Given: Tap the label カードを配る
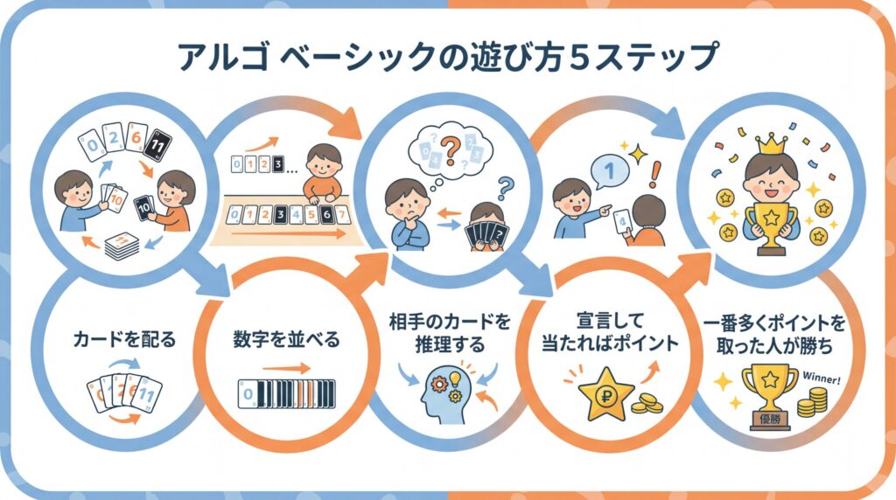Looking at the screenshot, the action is [125, 340].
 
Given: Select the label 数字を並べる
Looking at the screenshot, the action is [286, 340].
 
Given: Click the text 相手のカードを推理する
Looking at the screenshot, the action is [450, 333].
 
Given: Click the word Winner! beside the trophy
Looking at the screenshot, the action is [822, 378].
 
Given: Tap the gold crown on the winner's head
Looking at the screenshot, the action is [771, 144].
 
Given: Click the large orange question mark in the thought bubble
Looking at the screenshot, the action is [451, 150].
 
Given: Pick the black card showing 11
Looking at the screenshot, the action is [157, 146].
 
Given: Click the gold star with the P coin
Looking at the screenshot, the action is [605, 394].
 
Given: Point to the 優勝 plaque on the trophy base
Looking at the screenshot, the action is [770, 420].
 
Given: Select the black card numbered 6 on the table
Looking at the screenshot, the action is [326, 215].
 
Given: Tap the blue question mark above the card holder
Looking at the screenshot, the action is [505, 187].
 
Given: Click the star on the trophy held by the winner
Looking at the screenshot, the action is [771, 218].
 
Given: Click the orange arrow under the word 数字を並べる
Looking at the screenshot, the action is [286, 369].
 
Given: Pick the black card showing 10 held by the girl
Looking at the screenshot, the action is [144, 208].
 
